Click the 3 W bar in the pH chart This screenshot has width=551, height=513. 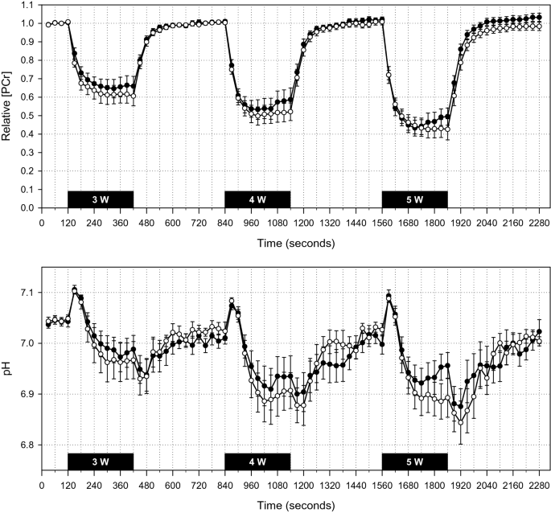[x=101, y=461]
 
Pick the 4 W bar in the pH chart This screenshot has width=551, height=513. [x=257, y=461]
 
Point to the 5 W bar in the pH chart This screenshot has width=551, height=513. [x=414, y=461]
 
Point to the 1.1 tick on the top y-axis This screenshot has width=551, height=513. [x=28, y=5]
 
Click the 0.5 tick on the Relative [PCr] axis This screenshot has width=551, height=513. [x=28, y=116]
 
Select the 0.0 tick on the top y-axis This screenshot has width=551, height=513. [x=28, y=208]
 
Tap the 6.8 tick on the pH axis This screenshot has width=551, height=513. [x=28, y=445]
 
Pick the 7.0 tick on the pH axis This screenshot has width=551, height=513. [x=28, y=343]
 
